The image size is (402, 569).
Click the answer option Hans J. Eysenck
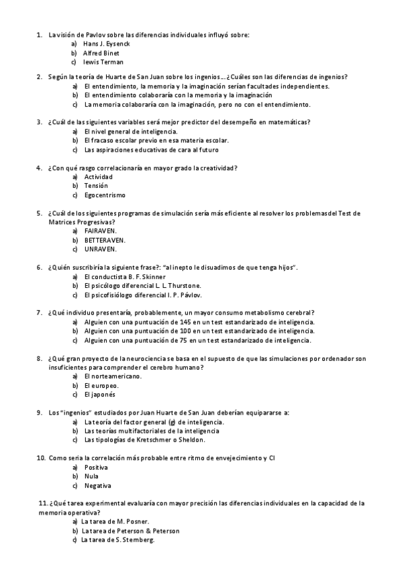[x=106, y=44]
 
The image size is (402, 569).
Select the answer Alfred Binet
[x=101, y=52]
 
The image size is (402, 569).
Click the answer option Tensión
[x=96, y=185]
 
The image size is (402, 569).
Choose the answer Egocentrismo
[x=105, y=195]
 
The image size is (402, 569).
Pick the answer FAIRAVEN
[x=101, y=231]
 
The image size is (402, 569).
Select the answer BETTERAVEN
[x=105, y=240]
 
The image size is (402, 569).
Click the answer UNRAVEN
[x=101, y=249]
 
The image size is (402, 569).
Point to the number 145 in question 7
[x=189, y=322]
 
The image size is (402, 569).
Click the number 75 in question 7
[x=187, y=340]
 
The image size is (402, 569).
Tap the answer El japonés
[x=103, y=395]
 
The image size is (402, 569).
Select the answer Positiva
[x=97, y=466]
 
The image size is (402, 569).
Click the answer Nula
[x=91, y=476]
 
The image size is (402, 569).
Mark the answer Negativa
[x=98, y=485]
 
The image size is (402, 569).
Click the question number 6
[x=39, y=267]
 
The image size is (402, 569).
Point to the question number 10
[x=40, y=458]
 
